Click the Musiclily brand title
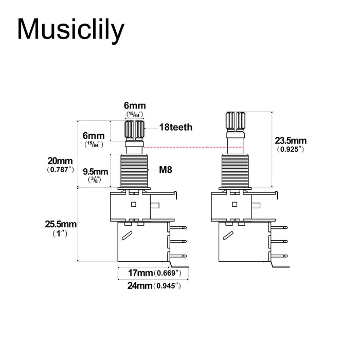click(x=70, y=29)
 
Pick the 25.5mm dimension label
click(x=61, y=224)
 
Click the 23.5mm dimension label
click(x=291, y=140)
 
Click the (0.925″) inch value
click(x=291, y=149)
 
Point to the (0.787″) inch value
click(x=61, y=169)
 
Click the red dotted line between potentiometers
click(x=185, y=147)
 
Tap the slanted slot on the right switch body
click(x=228, y=235)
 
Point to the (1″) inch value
click(x=61, y=233)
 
